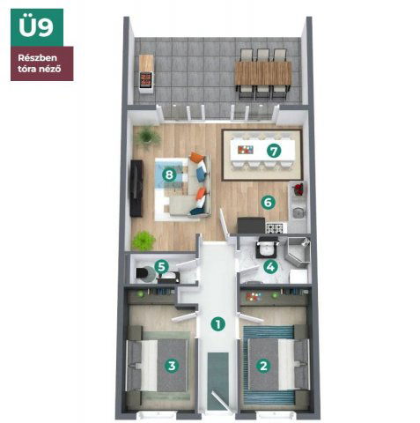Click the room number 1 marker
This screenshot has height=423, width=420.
click(x=218, y=324)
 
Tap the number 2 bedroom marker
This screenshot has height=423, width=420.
click(x=263, y=366)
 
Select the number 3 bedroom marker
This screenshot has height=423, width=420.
click(x=172, y=366)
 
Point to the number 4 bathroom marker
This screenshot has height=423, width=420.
click(x=270, y=267)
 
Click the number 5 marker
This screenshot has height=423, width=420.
click(x=161, y=267)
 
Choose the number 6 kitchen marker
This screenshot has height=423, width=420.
click(x=268, y=203)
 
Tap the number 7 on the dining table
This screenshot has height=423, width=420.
click(x=274, y=152)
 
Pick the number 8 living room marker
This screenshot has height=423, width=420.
click(x=169, y=175)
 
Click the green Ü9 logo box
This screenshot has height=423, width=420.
click(x=37, y=27)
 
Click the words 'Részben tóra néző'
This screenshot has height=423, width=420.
click(x=40, y=63)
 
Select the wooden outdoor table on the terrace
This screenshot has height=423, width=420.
click(x=263, y=73)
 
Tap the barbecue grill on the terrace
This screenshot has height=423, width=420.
click(x=146, y=79)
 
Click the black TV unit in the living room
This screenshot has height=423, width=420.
click(x=136, y=189)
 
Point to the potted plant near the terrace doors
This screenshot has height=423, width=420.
click(x=149, y=137)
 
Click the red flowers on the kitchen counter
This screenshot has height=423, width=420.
click(x=298, y=189)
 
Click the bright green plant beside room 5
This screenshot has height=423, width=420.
click(x=144, y=241)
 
